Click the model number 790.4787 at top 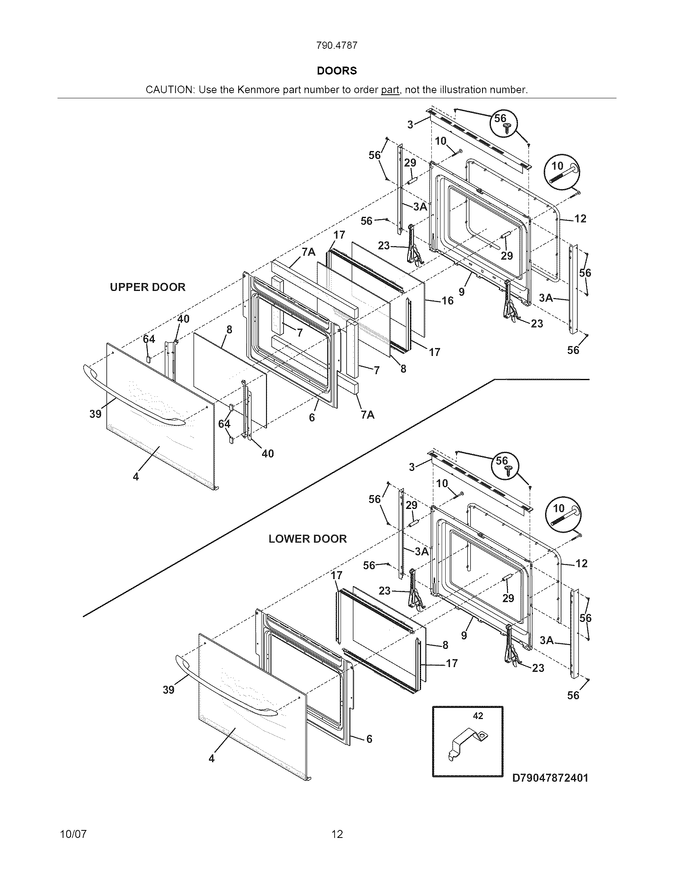tap(337, 46)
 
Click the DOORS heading tap(337, 71)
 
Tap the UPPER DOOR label tap(148, 287)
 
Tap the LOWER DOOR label tap(307, 539)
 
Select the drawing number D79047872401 tap(550, 778)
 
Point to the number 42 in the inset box tap(478, 716)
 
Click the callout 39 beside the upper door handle tap(95, 414)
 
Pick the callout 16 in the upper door tap(448, 301)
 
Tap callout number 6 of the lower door tap(369, 739)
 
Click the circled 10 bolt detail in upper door tap(562, 171)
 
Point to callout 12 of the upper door tap(580, 218)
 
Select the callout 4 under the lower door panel tap(212, 759)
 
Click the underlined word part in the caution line tap(390, 90)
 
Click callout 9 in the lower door tap(464, 635)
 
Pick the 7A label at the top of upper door tap(308, 252)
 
